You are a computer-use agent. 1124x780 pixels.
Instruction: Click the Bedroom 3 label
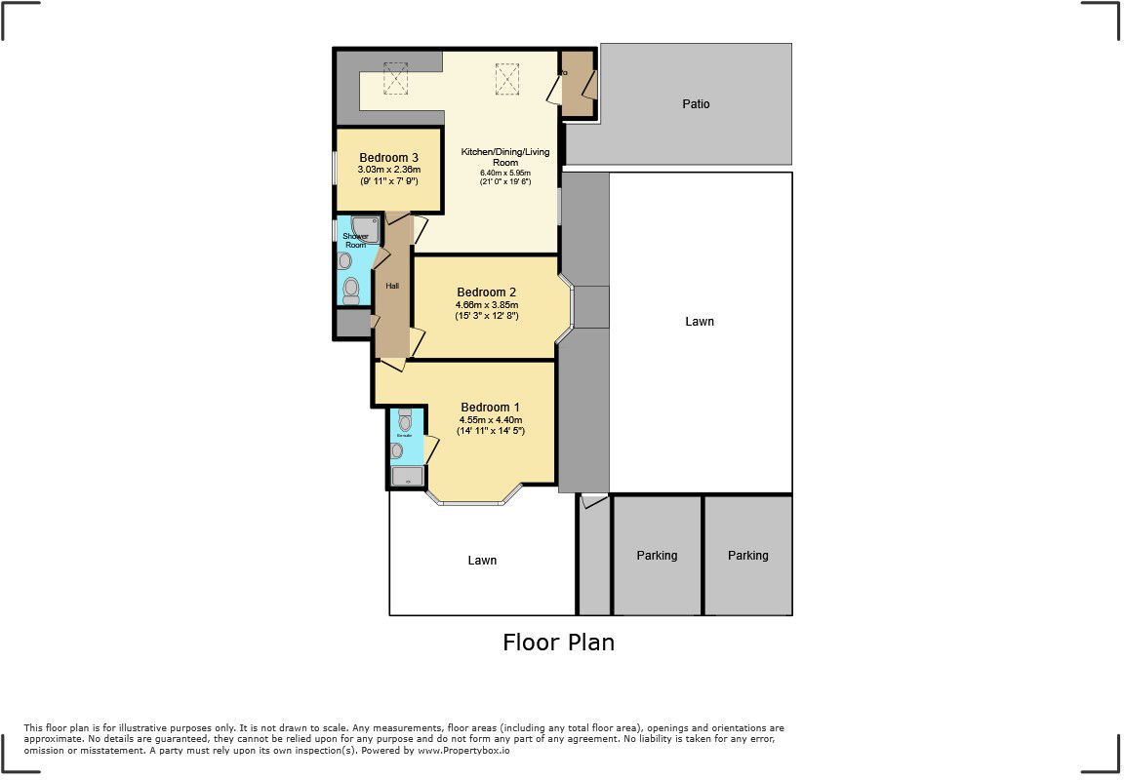(389, 158)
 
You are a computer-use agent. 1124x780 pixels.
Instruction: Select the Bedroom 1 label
(490, 408)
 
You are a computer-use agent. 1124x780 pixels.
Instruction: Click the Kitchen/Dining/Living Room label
(505, 157)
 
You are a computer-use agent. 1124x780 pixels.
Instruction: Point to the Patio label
(696, 103)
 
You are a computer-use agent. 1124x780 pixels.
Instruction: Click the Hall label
(392, 286)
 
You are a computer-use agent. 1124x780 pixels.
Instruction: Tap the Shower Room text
(355, 241)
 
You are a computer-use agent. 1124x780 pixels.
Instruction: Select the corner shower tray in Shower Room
(364, 230)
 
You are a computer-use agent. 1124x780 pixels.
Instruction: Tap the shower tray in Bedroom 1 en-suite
(409, 476)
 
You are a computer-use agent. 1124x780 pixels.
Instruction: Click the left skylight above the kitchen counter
(395, 79)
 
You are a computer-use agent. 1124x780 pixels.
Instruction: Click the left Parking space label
(657, 556)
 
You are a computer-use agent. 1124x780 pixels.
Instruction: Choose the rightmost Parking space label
(747, 556)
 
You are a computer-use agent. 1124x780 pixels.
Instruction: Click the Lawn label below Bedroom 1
(482, 561)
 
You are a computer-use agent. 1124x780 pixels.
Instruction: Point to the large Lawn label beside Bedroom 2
(700, 322)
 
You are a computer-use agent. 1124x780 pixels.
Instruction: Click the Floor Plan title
(558, 643)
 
